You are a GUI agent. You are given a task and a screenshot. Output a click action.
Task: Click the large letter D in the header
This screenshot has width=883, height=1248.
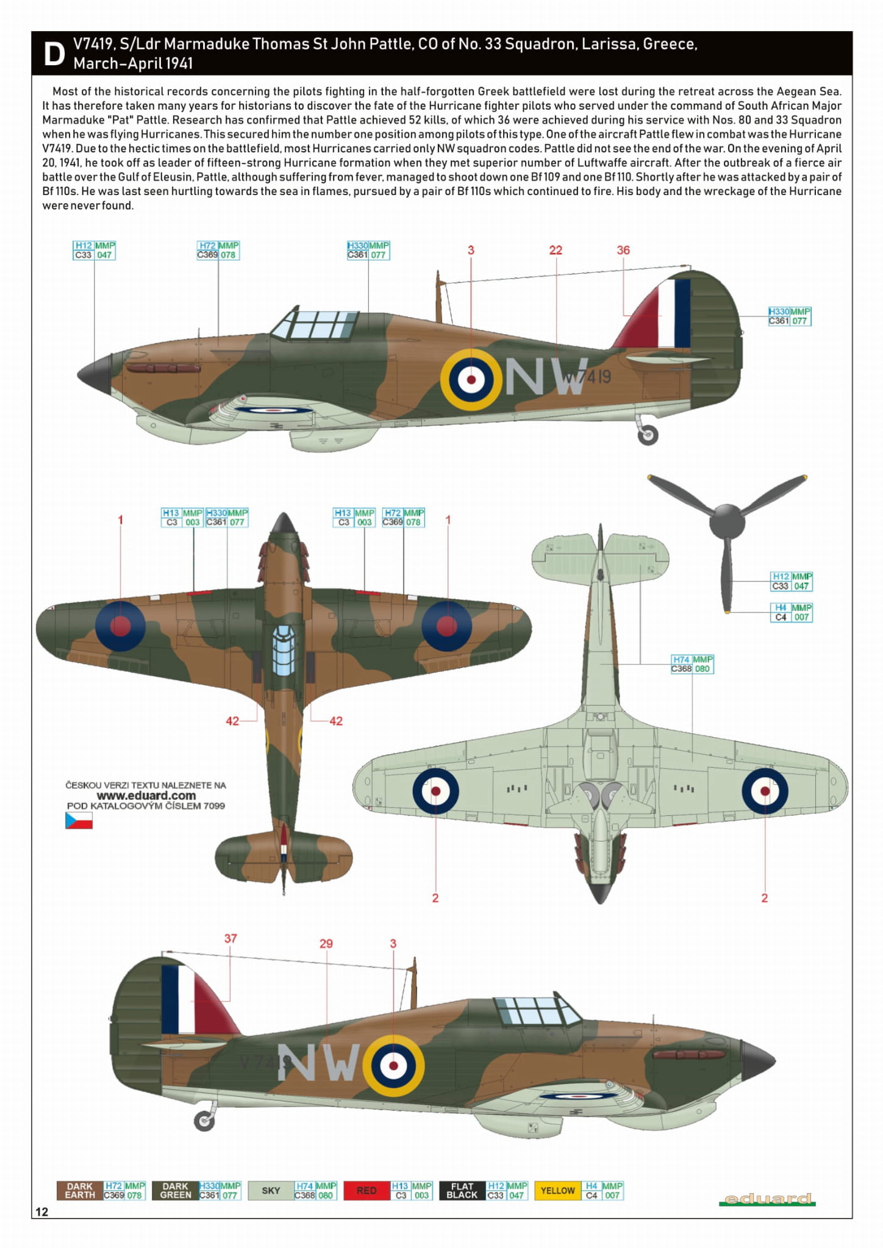(54, 54)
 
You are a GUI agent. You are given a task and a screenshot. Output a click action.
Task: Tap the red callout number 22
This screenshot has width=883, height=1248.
(556, 250)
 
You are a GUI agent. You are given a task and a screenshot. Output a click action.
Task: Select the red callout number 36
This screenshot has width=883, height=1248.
(623, 250)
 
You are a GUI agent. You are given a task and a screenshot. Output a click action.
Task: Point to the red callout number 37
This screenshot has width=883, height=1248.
(231, 938)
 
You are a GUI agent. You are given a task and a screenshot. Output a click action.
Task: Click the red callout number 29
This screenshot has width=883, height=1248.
(326, 944)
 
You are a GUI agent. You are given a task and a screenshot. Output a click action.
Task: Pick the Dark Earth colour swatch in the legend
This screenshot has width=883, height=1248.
(80, 1191)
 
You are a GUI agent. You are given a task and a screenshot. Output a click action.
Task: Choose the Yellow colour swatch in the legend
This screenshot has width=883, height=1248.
(557, 1191)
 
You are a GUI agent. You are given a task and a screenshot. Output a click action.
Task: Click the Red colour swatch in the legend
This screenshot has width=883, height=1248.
(366, 1191)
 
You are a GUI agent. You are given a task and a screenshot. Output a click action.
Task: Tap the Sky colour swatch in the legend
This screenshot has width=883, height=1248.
(271, 1191)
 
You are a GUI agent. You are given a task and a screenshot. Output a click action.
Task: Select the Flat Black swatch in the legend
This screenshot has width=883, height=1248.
(462, 1191)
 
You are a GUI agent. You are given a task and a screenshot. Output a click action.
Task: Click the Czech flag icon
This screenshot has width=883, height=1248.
(79, 821)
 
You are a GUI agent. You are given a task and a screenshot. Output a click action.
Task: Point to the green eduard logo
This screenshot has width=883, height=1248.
(767, 1199)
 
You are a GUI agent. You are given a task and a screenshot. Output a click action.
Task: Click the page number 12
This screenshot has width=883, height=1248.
(41, 1211)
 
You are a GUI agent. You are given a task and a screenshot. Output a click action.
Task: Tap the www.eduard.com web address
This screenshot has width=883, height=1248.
(146, 795)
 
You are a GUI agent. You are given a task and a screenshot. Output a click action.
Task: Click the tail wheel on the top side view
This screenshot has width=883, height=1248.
(648, 435)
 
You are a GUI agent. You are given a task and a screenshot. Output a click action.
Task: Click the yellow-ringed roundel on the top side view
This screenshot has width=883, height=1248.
(471, 379)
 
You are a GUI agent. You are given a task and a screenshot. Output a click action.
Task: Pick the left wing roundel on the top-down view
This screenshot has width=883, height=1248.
(121, 626)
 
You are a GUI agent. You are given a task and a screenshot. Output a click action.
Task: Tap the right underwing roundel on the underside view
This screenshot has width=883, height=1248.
(765, 791)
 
